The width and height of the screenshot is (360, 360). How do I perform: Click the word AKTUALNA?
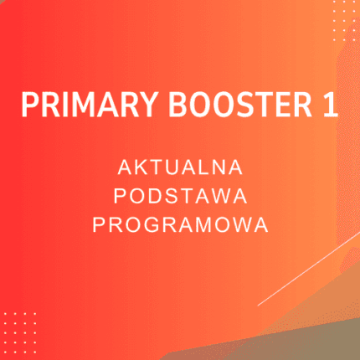(180, 168)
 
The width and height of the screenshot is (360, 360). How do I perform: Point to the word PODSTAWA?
(180, 196)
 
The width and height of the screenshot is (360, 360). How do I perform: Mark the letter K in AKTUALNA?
(136, 168)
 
